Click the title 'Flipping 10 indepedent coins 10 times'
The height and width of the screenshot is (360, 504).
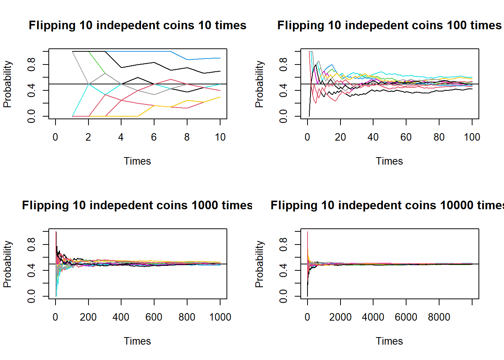pos(137,25)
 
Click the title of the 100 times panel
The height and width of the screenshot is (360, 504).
pos(389,25)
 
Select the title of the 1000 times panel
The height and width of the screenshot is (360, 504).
pos(137,205)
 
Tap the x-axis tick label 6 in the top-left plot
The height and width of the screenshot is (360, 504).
pos(154,137)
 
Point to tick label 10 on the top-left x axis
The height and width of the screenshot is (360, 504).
pos(220,137)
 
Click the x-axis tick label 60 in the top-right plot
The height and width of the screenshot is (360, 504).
pos(406,137)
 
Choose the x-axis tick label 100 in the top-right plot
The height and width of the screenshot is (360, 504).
pos(472,137)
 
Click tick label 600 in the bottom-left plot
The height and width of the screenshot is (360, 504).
pos(154,317)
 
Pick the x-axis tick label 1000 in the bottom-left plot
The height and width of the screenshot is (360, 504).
pos(220,317)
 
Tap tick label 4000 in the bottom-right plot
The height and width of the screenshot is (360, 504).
pos(373,317)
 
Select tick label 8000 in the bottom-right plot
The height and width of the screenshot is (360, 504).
pos(439,317)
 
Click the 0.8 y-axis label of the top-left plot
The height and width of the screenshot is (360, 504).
pos(31,64)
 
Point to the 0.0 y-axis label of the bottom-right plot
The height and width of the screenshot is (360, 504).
pos(283,296)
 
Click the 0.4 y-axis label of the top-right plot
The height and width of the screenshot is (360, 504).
pos(283,90)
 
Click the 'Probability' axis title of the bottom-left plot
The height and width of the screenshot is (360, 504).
pos(7,264)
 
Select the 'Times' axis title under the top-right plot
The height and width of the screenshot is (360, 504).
pos(389,161)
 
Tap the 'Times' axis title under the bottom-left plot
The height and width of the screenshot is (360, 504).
pos(137,341)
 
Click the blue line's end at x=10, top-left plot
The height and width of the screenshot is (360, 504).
pos(220,58)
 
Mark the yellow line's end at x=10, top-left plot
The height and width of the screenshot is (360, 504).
pos(220,97)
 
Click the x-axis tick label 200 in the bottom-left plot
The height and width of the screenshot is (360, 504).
pos(88,317)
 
